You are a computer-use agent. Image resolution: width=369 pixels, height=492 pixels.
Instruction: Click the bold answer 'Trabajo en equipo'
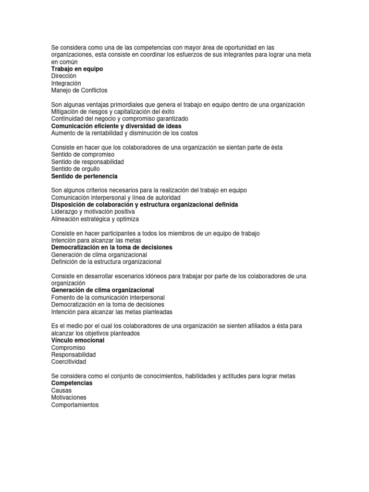coord(77,69)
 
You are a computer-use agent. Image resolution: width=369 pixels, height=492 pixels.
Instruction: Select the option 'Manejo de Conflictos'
coord(79,90)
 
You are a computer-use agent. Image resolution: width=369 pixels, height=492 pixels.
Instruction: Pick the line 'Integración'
coord(66,83)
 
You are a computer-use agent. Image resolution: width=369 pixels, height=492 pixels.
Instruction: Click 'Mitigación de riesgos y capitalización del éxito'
coord(112,111)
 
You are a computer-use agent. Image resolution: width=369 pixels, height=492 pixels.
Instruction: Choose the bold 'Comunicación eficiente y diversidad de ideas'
coord(116,126)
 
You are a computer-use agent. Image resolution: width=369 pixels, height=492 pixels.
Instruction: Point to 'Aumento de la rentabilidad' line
coord(124,133)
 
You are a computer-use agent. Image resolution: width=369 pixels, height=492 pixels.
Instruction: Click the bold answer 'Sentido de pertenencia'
coord(84,176)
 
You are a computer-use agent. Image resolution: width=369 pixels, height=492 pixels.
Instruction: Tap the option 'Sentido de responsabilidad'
coord(87,162)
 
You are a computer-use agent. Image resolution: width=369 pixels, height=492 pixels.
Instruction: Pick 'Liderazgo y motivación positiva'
coord(93,212)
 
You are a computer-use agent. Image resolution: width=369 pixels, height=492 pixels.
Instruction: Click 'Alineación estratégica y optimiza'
coord(95,219)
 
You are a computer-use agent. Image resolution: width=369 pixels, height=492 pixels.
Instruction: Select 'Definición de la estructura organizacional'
coord(106,262)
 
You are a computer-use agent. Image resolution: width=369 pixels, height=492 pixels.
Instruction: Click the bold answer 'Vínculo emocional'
coord(77,340)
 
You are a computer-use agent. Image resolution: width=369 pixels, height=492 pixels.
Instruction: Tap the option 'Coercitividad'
coord(69,362)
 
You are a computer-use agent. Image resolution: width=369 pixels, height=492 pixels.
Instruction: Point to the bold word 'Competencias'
coord(72,383)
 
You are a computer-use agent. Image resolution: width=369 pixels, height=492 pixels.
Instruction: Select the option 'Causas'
coord(61,391)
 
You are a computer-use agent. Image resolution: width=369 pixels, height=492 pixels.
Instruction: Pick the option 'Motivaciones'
coord(69,398)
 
